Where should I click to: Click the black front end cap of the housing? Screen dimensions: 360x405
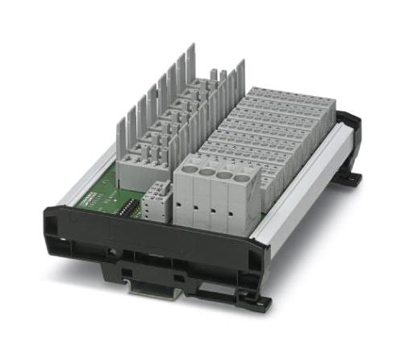click(x=145, y=242)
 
